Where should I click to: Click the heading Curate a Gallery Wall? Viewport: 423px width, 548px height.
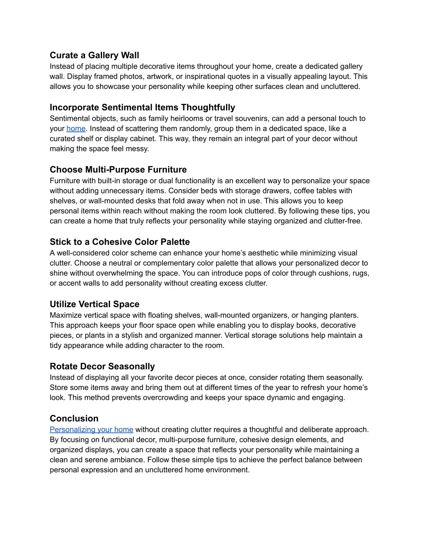pos(94,55)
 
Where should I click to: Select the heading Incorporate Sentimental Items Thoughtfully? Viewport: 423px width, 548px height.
pos(142,108)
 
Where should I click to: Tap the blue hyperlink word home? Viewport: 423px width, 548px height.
pos(76,129)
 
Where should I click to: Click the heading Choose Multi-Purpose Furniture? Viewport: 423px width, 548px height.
pos(118,170)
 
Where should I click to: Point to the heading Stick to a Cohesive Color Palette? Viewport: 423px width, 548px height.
pos(120,242)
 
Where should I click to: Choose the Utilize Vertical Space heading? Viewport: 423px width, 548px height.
pos(95,304)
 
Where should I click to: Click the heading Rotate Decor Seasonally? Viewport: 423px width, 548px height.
pos(102,366)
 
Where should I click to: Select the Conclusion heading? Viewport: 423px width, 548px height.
pos(74,419)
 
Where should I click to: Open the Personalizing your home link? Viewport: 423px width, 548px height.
pos(91,430)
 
